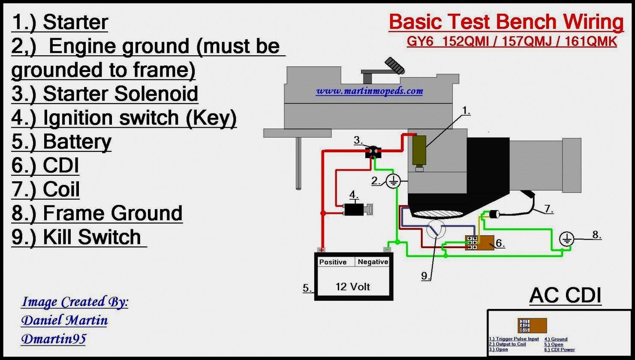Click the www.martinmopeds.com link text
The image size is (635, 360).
369,91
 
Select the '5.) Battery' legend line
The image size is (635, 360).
62,142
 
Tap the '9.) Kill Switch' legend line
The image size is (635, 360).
77,237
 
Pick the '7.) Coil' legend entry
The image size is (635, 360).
46,189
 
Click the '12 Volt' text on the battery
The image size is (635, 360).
352,287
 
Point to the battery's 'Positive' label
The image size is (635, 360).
333,262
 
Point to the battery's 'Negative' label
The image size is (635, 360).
373,262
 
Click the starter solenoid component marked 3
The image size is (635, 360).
373,152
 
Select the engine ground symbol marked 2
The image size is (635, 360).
393,182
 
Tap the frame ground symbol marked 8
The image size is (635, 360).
567,239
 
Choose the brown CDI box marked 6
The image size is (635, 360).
481,243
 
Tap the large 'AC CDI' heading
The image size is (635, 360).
565,295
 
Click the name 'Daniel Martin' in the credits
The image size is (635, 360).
65,320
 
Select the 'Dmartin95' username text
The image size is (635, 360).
54,339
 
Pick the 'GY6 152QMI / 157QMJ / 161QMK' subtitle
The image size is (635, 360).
512,42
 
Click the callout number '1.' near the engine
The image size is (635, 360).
466,111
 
